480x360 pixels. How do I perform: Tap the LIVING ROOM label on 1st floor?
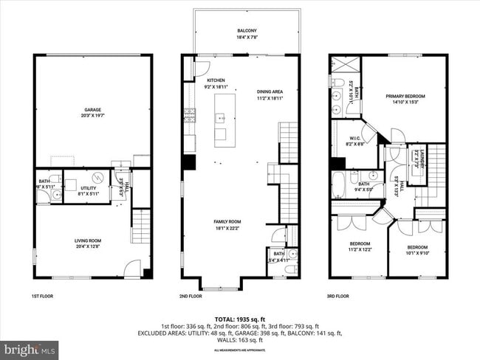pyautogui.click(x=92, y=242)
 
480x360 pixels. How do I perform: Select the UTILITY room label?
pyautogui.click(x=89, y=190)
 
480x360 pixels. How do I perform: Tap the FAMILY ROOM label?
pyautogui.click(x=227, y=224)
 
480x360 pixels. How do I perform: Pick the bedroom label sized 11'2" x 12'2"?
pyautogui.click(x=360, y=246)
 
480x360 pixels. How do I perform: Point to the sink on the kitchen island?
pyautogui.click(x=220, y=118)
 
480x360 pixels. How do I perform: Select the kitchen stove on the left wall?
pyautogui.click(x=189, y=114)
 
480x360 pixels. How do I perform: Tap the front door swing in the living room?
pyautogui.click(x=132, y=269)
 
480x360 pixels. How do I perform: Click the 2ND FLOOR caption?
pyautogui.click(x=191, y=297)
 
